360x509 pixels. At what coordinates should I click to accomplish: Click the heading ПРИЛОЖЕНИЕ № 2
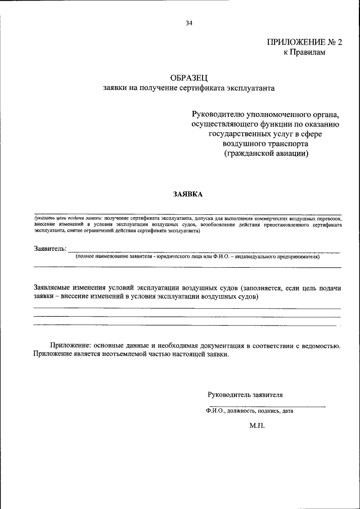pyautogui.click(x=304, y=42)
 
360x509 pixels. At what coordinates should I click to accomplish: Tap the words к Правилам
pyautogui.click(x=304, y=52)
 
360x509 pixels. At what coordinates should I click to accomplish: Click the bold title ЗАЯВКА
pyautogui.click(x=188, y=194)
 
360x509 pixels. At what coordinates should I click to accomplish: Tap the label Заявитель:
pyautogui.click(x=50, y=248)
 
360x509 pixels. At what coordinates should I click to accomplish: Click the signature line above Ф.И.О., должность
pyautogui.click(x=267, y=406)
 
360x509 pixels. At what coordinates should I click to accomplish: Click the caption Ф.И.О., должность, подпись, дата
pyautogui.click(x=250, y=411)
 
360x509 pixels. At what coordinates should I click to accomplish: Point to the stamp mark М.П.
pyautogui.click(x=256, y=427)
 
